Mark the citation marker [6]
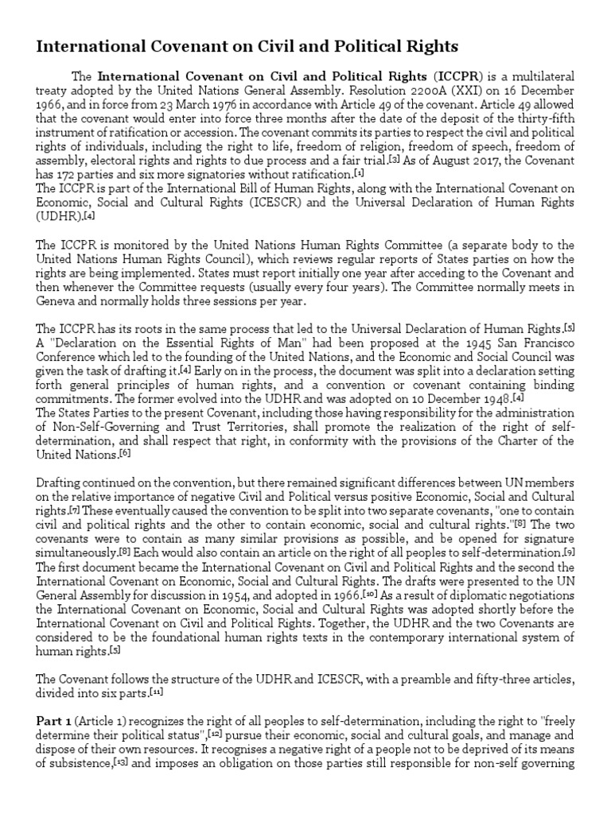coord(125,453)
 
